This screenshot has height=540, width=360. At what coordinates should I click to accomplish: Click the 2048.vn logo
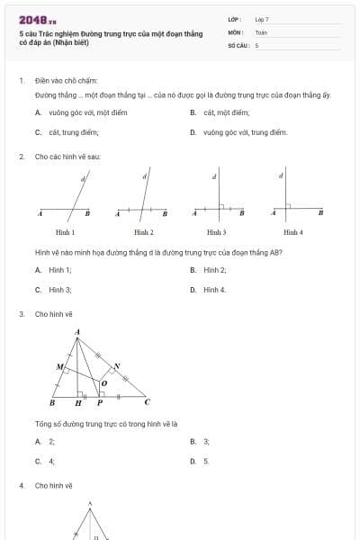point(37,19)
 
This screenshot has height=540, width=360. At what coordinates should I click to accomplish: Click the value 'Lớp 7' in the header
point(262,19)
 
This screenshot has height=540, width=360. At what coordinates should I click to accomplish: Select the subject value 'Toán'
point(261,31)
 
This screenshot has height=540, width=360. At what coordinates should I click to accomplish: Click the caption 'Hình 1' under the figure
point(65,232)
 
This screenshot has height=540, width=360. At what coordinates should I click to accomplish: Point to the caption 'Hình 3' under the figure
point(216,232)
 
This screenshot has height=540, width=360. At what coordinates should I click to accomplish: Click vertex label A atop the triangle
point(77,332)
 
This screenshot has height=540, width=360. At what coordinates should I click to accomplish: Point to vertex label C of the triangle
point(148,402)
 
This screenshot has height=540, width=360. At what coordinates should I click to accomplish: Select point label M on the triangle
point(59,367)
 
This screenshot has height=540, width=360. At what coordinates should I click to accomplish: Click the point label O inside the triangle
point(103,383)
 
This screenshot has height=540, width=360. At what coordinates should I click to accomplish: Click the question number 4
point(21,485)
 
